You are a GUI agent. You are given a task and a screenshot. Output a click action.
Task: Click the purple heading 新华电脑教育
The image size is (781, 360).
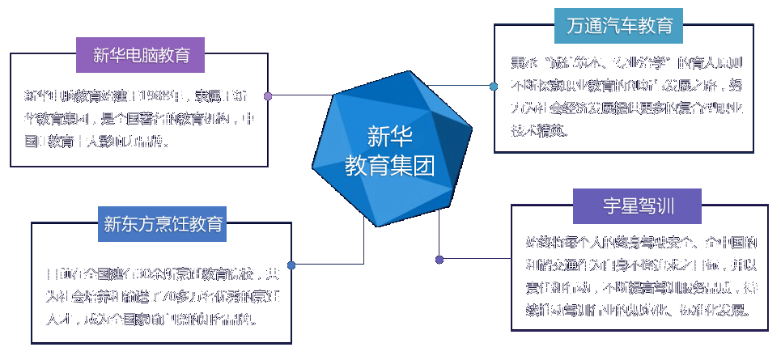141,56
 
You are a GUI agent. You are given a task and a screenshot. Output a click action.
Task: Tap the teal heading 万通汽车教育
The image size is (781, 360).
619,26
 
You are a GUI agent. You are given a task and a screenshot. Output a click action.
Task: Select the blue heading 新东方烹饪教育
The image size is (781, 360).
163,223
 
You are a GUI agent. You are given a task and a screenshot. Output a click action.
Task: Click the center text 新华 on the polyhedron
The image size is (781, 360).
390,134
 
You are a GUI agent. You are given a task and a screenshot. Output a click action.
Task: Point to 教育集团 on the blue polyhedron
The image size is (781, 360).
390,165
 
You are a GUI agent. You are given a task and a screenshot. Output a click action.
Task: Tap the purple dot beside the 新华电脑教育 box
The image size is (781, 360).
268,95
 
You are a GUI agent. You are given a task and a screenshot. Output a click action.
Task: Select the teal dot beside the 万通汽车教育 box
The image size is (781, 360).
494,86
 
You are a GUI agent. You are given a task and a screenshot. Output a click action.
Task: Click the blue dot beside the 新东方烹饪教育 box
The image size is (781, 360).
291,265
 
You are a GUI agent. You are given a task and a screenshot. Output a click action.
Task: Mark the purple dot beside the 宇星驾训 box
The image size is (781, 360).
439,260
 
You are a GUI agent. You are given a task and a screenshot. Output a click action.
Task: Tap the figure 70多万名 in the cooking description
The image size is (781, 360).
183,296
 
